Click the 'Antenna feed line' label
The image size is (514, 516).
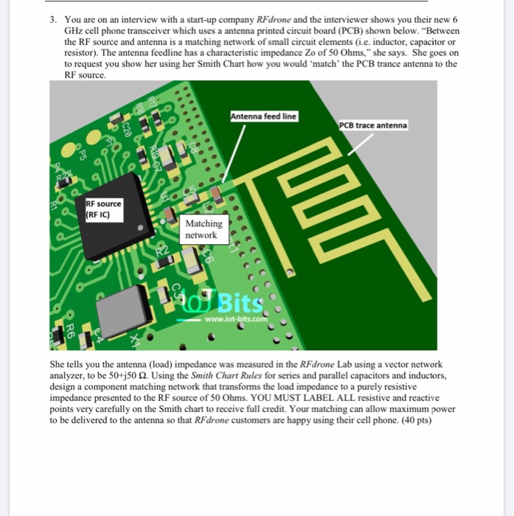[263, 116]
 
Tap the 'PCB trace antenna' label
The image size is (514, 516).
[372, 125]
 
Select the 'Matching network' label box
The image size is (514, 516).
[203, 229]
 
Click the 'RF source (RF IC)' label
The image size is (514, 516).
[103, 209]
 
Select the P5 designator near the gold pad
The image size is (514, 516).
[83, 156]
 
